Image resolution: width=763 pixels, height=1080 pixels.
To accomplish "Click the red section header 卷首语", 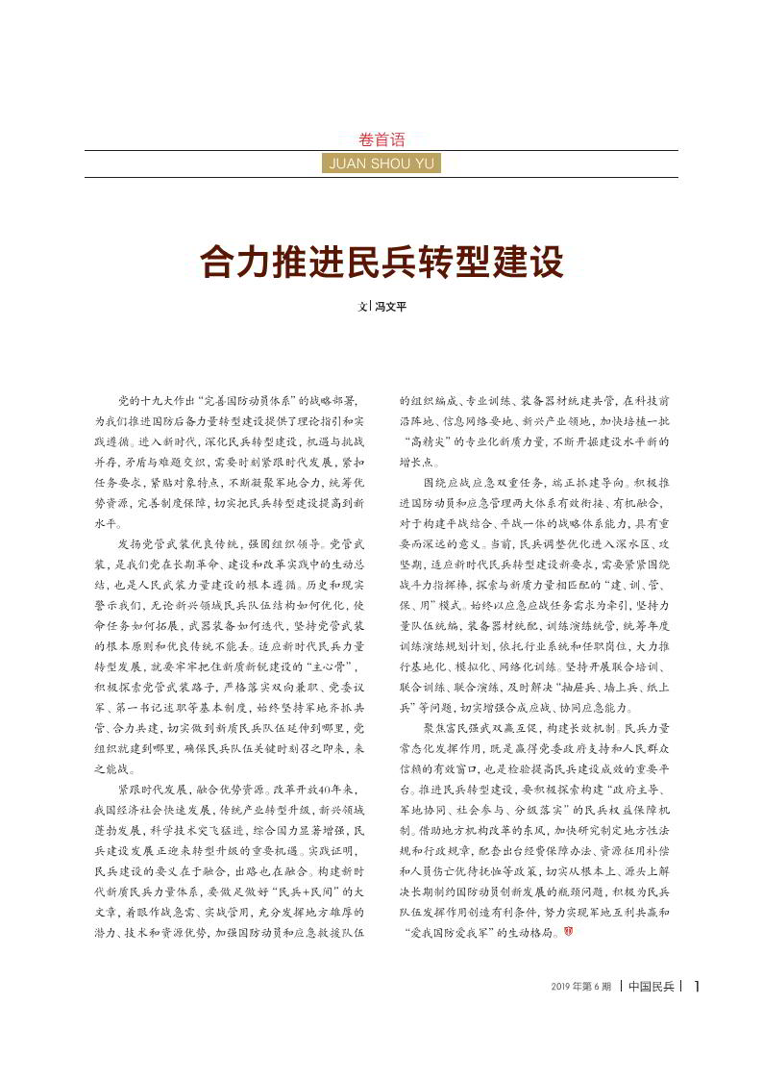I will coord(381,139).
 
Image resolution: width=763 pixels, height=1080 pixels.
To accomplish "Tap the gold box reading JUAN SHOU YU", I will coord(381,163).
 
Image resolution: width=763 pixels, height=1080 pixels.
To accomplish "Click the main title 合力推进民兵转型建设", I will coord(381,261).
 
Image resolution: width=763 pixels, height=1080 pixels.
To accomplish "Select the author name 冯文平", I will coord(389,307).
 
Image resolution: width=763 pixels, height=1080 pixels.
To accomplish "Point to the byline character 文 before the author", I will coord(363,307).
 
